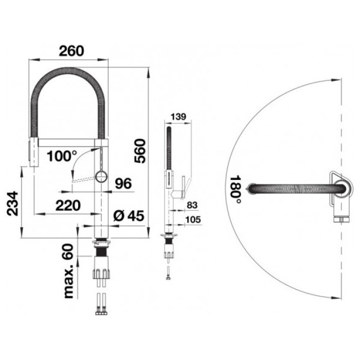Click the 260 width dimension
pyautogui.click(x=71, y=51)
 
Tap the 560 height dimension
pyautogui.click(x=140, y=151)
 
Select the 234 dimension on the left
pyautogui.click(x=12, y=204)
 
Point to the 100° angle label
pyautogui.click(x=62, y=156)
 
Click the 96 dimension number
pyautogui.click(x=123, y=183)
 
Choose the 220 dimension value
pyautogui.click(x=68, y=206)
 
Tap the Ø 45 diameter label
pyautogui.click(x=129, y=215)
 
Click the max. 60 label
pyautogui.click(x=68, y=271)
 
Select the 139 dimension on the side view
pyautogui.click(x=178, y=117)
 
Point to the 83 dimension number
pyautogui.click(x=192, y=205)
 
